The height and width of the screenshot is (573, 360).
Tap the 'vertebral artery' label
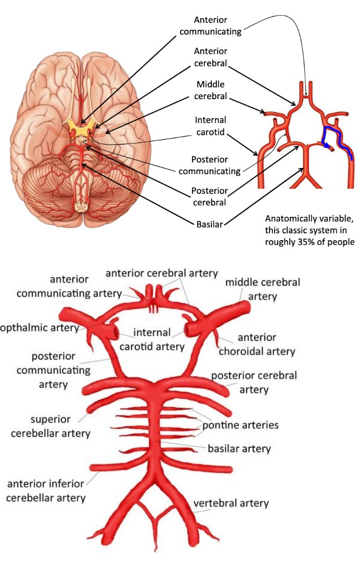231,503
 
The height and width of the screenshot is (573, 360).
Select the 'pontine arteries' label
240,425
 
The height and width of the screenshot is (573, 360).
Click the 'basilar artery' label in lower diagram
239,448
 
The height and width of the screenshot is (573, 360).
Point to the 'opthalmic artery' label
39,328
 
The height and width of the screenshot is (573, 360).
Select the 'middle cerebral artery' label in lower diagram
262,289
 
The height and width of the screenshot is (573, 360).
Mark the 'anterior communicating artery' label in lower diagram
69,286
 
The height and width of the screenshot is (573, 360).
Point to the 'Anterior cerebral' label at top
211,58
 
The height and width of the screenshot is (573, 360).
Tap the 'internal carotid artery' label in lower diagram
152,339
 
